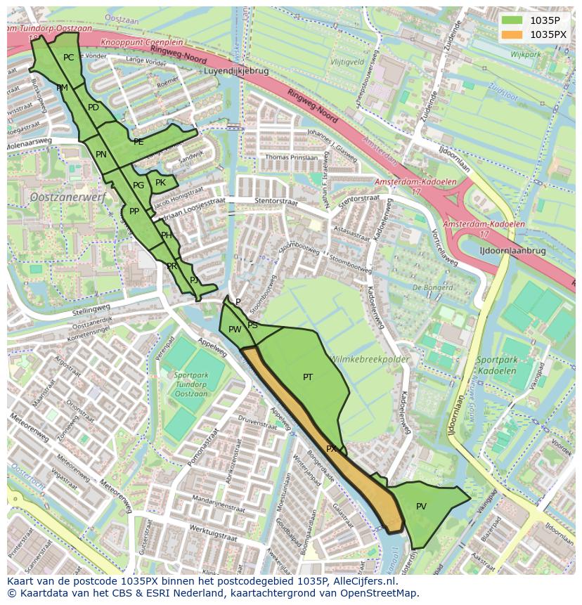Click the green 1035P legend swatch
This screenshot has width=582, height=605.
(x=512, y=20)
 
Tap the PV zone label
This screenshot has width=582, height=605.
(x=421, y=506)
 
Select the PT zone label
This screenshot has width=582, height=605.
(x=308, y=377)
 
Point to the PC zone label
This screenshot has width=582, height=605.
(x=68, y=58)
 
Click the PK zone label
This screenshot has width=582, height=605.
(x=160, y=183)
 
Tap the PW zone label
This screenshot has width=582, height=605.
(x=235, y=330)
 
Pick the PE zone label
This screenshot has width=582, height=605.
(x=138, y=142)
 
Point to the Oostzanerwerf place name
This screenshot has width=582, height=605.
(x=67, y=198)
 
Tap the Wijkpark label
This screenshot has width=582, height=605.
(x=525, y=53)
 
